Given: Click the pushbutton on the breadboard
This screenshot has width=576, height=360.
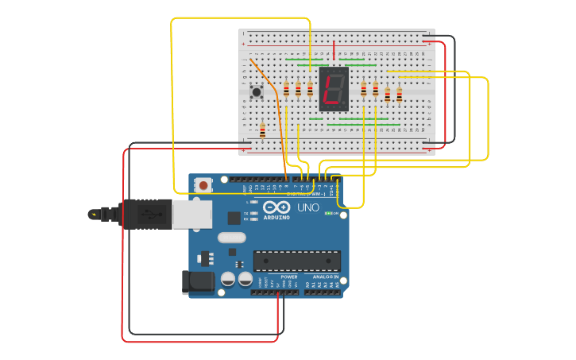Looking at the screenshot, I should (x=257, y=91).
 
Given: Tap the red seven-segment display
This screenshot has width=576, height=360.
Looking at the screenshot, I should (x=334, y=88).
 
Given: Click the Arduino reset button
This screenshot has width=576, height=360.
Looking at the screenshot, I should (x=203, y=185).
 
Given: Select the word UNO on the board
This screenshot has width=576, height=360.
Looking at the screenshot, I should (x=307, y=207).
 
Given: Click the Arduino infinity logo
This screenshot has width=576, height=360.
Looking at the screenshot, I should (x=276, y=207).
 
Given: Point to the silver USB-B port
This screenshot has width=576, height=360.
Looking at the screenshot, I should (x=192, y=214).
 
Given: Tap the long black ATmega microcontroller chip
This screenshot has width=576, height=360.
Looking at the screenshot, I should (x=296, y=260).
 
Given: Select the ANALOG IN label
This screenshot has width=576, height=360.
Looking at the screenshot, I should (x=326, y=277).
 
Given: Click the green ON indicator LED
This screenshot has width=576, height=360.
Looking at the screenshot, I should (x=329, y=214).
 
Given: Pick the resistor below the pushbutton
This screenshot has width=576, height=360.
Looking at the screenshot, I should (x=262, y=129).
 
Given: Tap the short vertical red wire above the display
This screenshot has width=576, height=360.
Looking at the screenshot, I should (x=334, y=49).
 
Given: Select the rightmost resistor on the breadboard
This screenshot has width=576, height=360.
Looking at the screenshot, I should (x=399, y=95).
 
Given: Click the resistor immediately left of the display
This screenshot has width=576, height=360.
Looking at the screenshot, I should (x=310, y=88).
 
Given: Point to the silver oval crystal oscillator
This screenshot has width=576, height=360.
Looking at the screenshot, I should (x=231, y=237).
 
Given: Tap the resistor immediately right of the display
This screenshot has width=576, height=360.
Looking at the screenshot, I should (x=363, y=88).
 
